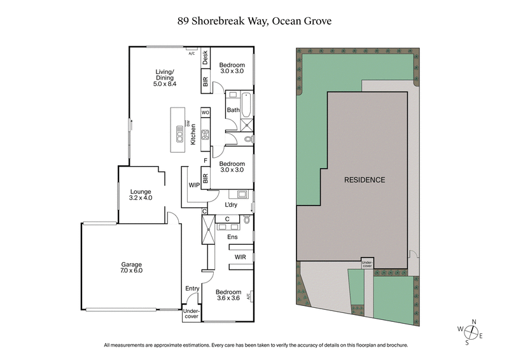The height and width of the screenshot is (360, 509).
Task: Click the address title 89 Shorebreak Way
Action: point(254,21)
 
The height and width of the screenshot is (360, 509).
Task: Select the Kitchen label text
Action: point(193,134)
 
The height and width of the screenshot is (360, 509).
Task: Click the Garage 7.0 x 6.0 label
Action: point(132,267)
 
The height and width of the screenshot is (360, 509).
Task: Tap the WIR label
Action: point(241,257)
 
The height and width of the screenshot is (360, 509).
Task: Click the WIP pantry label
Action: point(195,186)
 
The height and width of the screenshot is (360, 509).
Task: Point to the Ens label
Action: point(233,237)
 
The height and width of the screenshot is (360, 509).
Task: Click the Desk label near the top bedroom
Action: point(206,59)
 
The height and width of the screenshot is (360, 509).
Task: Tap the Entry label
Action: point(192,289)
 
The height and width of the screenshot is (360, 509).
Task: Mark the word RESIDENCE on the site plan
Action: point(365,180)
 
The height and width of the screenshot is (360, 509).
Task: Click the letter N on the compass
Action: point(473,322)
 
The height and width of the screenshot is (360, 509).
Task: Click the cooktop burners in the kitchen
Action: point(206,134)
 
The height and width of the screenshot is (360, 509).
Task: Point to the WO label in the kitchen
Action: point(206,112)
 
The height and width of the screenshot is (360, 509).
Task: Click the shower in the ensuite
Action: point(208,231)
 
